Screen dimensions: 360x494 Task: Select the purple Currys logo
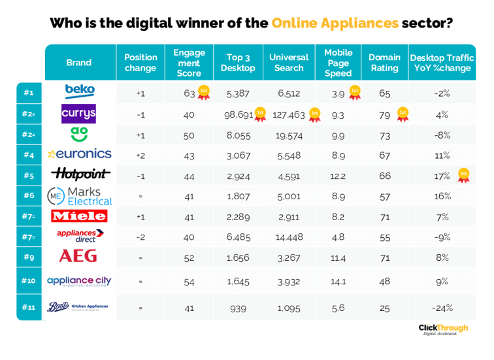pos(79,113)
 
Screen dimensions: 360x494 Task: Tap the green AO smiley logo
pos(79,133)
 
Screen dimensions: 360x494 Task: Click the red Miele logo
pos(79,216)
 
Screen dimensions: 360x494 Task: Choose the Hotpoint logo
pos(79,174)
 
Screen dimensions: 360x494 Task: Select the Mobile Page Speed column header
pos(338,63)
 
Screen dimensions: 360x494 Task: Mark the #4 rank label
pos(29,155)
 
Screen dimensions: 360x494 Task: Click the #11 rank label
pos(29,307)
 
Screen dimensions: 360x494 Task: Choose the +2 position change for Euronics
pos(140,155)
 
